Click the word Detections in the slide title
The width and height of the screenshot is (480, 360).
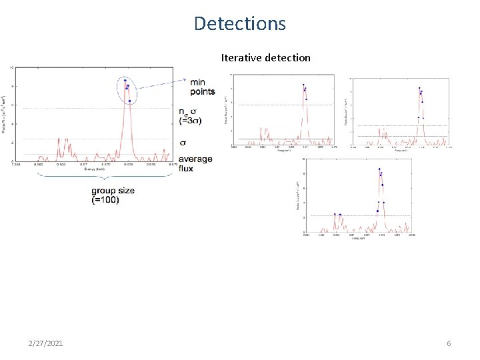240,24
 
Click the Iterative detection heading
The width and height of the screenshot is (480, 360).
265,58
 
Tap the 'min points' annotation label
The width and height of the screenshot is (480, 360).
203,86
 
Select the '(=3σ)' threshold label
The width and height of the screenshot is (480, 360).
191,121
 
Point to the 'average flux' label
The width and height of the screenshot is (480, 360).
196,163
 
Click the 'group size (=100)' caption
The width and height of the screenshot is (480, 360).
113,195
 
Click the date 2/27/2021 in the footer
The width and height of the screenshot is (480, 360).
46,343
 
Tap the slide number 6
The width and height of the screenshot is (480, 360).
449,343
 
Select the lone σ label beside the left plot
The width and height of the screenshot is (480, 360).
184,143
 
